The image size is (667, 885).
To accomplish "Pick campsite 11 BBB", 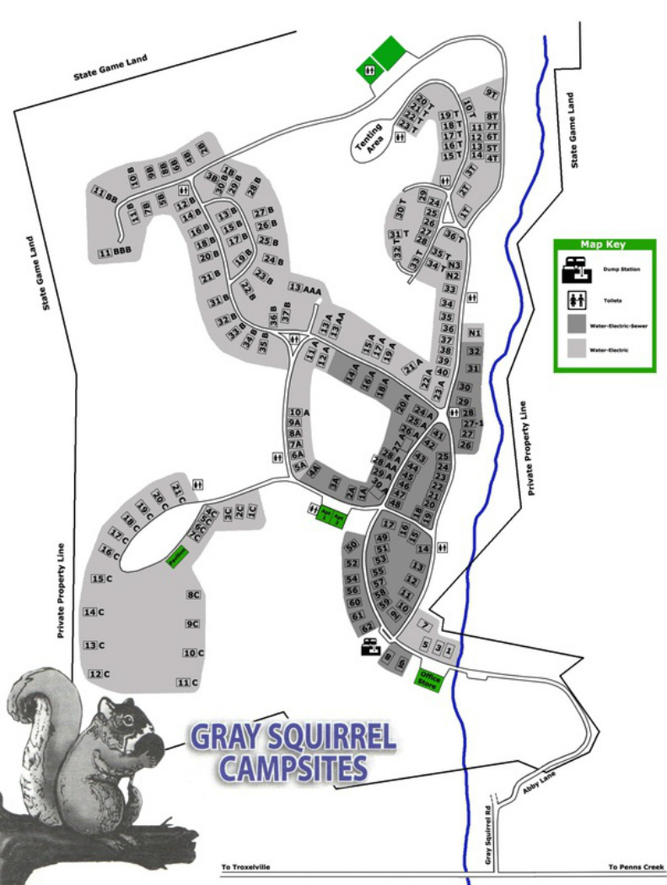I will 116,252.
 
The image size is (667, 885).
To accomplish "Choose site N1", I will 474,332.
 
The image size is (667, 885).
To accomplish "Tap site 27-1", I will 471,423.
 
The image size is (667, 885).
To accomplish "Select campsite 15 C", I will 101,579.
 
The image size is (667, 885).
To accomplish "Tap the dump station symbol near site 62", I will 369,648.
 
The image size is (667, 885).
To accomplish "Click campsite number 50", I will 352,547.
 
